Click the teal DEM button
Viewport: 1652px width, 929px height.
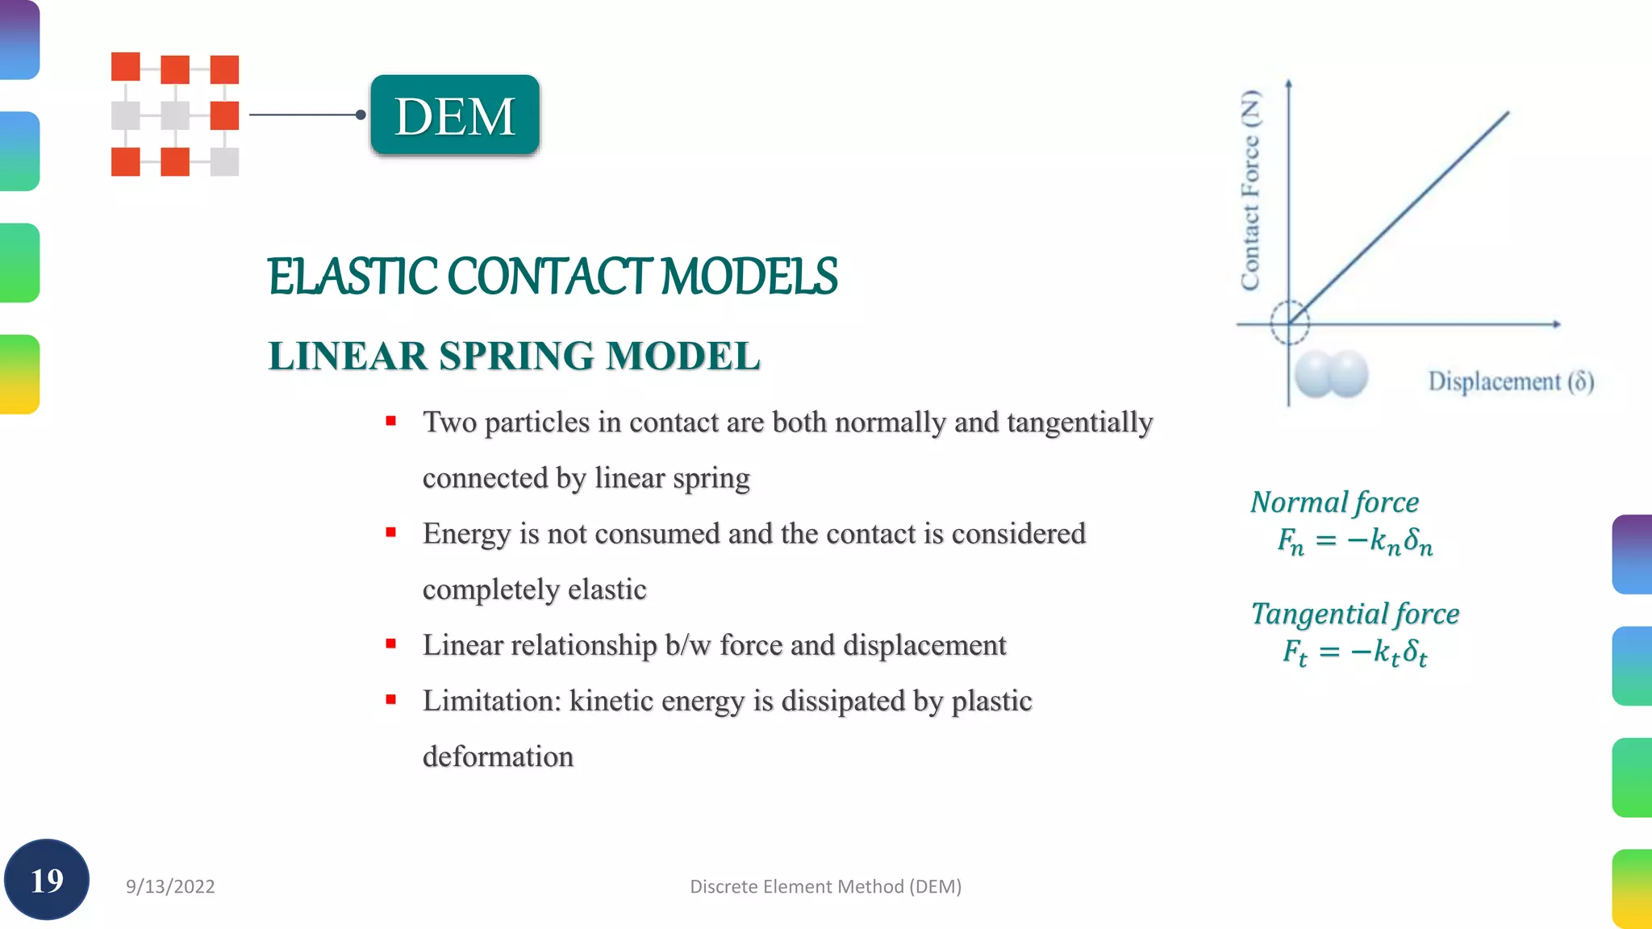pos(455,115)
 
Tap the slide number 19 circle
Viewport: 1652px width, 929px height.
pos(47,880)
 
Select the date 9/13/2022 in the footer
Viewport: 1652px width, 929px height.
pos(170,886)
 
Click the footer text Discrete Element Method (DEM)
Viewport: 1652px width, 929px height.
pos(825,886)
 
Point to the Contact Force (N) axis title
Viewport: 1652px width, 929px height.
pos(1250,190)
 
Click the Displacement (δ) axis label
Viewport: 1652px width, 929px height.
pos(1511,381)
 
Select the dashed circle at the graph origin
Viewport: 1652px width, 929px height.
pos(1289,323)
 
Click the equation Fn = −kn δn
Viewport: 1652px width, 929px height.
pos(1354,540)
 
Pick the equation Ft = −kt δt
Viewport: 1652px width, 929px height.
pos(1354,652)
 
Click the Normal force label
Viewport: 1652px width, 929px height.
pos(1334,502)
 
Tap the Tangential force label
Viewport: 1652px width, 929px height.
pos(1354,614)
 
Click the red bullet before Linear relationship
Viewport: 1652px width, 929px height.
pos(391,644)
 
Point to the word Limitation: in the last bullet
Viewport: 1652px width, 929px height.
pos(491,701)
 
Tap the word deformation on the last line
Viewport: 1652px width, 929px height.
pos(498,756)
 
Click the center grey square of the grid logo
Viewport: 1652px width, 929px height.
pos(175,115)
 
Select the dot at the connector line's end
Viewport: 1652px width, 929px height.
pos(361,115)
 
